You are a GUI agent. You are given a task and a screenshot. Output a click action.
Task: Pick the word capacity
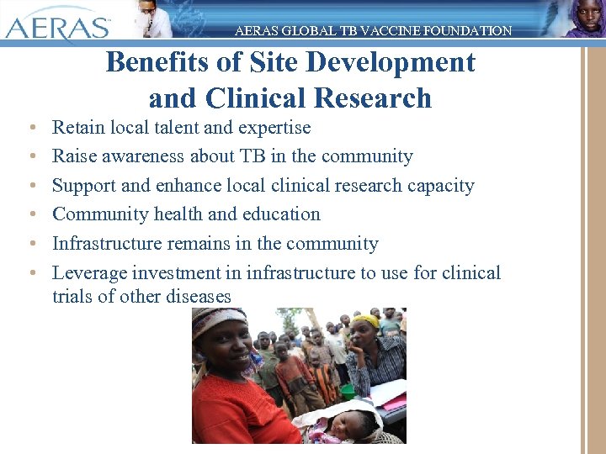(x=439, y=186)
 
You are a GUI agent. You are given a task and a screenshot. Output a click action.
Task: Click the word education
(x=281, y=214)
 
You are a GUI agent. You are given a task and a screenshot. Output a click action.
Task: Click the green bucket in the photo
(x=347, y=391)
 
